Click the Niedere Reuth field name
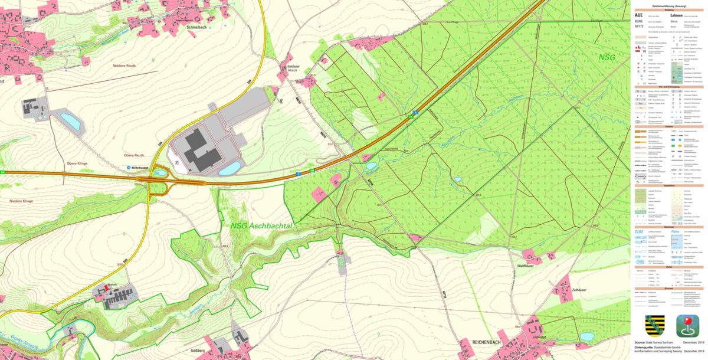click(125, 66)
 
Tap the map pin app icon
click(687, 326)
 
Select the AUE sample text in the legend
click(638, 15)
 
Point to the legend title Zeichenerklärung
click(668, 5)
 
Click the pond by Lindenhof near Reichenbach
click(586, 336)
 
